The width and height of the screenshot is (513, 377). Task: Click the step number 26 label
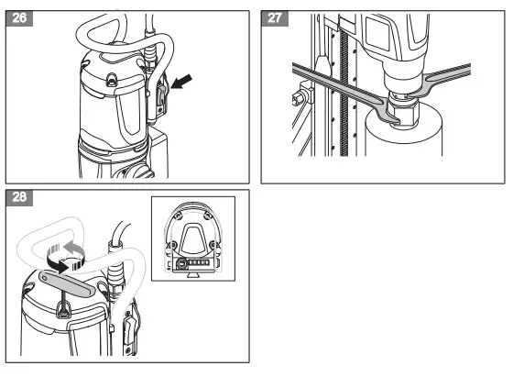[18, 19]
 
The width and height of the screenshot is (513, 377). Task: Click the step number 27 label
[276, 19]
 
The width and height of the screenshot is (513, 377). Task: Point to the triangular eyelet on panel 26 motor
[112, 82]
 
